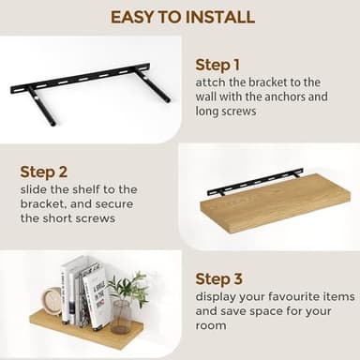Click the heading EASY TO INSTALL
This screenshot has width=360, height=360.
click(x=182, y=16)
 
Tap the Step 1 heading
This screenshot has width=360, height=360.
click(x=217, y=65)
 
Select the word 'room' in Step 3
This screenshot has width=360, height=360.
click(x=212, y=325)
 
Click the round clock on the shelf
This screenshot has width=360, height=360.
click(x=52, y=300)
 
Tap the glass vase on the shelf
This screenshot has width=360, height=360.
click(x=122, y=317)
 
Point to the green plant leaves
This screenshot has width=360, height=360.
click(x=129, y=286)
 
